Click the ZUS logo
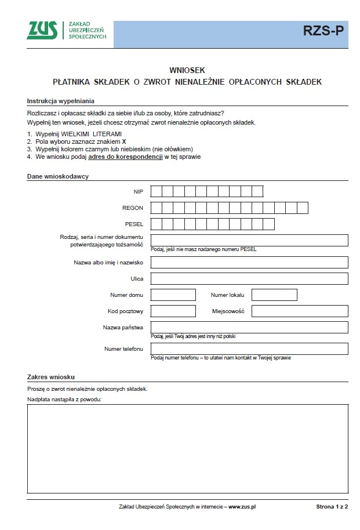(x=42, y=30)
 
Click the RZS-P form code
(x=323, y=32)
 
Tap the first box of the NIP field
(x=156, y=191)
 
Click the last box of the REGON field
(x=302, y=208)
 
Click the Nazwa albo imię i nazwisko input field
(x=249, y=263)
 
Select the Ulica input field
(x=249, y=279)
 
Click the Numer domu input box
(x=173, y=295)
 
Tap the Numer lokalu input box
(x=274, y=295)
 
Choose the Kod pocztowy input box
(x=173, y=311)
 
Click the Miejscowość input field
(x=299, y=311)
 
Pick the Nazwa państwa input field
(x=249, y=328)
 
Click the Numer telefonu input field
(x=249, y=349)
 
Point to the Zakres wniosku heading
(x=51, y=377)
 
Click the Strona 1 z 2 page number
(x=332, y=507)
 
